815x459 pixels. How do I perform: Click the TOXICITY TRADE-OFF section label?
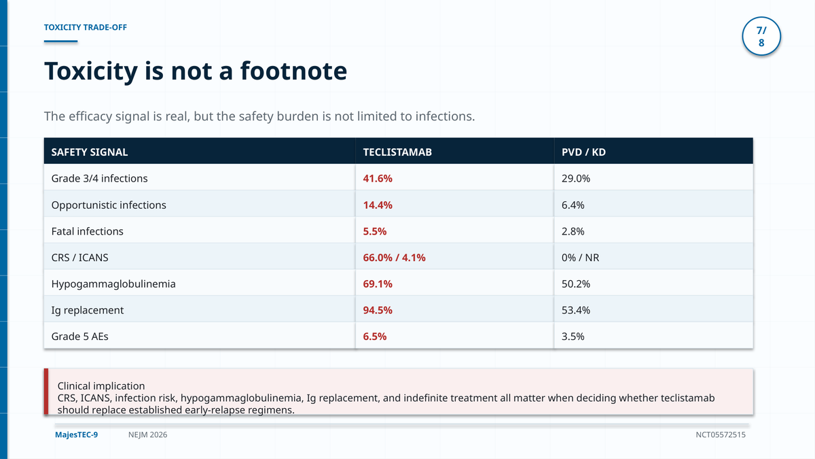(x=85, y=27)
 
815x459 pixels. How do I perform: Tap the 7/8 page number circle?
(x=761, y=36)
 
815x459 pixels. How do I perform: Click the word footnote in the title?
(x=293, y=71)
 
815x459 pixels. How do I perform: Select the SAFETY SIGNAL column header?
(x=90, y=152)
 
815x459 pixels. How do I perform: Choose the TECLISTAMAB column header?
(x=397, y=152)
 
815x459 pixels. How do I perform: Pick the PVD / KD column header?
(x=583, y=152)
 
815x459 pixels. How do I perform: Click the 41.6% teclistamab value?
(x=378, y=178)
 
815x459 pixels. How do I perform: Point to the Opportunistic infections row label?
(x=109, y=205)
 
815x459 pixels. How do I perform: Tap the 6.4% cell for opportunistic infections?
(x=573, y=205)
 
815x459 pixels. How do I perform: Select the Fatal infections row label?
(x=88, y=231)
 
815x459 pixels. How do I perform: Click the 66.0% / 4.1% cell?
(x=394, y=258)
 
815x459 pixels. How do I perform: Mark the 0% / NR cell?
(x=580, y=258)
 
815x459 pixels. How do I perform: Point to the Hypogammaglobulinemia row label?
(x=113, y=284)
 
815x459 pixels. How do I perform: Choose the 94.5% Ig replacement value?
(x=378, y=310)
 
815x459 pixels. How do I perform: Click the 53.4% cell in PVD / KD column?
(x=576, y=310)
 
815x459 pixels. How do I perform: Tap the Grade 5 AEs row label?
(x=79, y=336)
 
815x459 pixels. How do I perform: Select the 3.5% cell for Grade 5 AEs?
(x=573, y=336)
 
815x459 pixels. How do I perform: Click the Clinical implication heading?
(x=101, y=386)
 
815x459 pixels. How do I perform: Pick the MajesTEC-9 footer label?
(x=76, y=435)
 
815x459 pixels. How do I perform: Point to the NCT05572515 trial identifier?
(x=721, y=435)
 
